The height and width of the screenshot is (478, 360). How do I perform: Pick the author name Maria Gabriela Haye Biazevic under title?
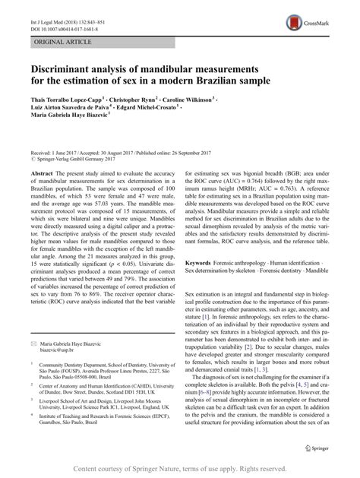(x=77, y=118)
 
